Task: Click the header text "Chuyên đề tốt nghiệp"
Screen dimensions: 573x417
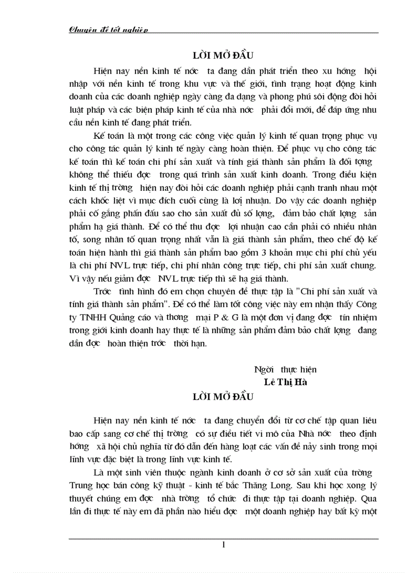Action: [108, 30]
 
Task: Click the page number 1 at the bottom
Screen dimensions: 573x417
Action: [224, 544]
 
